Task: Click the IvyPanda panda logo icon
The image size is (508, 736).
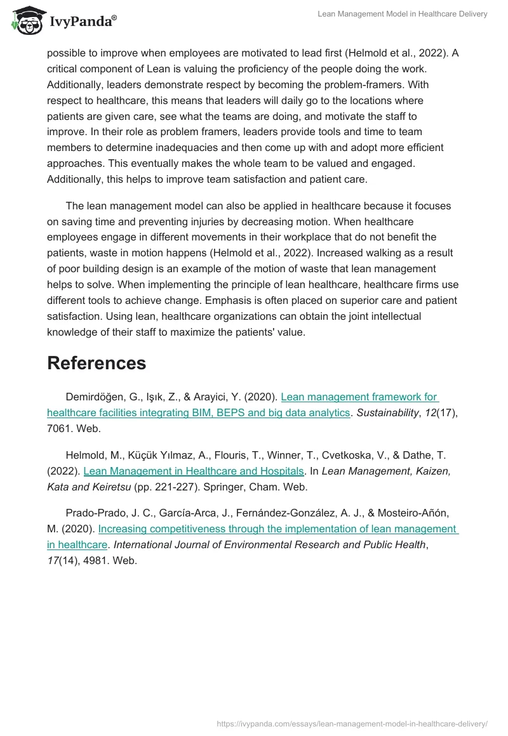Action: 26,21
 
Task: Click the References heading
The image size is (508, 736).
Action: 97,363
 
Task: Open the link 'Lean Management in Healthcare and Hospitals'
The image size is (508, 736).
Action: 193,471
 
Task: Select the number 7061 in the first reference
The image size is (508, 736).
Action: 60,428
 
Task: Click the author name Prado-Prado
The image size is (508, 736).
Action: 97,513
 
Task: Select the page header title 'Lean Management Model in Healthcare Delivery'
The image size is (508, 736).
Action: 402,14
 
